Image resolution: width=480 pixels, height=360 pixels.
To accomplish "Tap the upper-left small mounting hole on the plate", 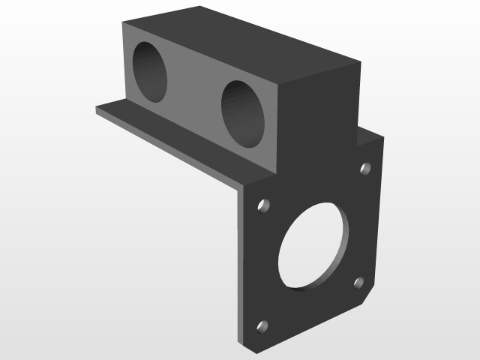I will (264, 204).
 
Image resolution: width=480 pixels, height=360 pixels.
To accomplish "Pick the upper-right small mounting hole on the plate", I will (366, 168).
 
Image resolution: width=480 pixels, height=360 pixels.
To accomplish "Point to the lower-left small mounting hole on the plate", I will (262, 326).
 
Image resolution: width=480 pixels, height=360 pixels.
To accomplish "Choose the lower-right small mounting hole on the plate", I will (358, 283).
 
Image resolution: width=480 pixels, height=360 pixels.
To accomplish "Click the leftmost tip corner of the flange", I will (97, 109).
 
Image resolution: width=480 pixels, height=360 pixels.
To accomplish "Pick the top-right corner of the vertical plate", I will (382, 137).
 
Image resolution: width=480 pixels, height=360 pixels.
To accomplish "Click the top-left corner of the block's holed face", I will (123, 22).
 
